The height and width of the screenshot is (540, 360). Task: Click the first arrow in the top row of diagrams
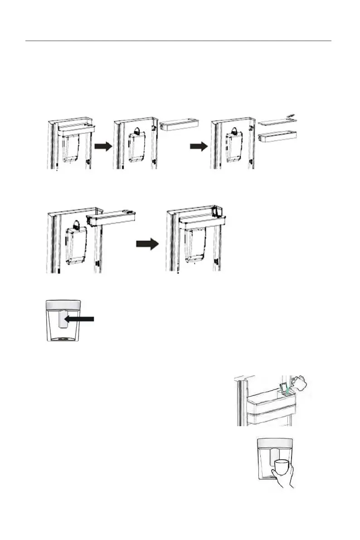tap(103, 147)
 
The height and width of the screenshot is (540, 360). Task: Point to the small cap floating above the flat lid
tap(292, 116)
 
